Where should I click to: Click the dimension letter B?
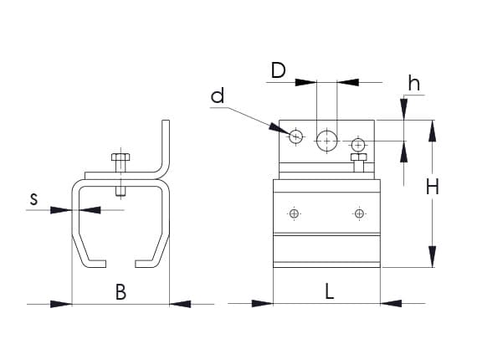121,292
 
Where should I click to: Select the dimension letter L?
330,291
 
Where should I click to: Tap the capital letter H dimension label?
433,187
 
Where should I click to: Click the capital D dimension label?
279,70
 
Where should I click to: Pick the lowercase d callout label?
218,95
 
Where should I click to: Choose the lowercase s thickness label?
34,199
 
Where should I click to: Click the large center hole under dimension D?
327,141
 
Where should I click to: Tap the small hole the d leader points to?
295,136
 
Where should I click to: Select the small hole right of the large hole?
358,144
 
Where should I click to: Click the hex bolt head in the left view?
121,157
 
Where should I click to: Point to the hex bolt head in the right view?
359,157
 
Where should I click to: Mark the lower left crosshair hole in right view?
294,213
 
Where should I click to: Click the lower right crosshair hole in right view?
359,213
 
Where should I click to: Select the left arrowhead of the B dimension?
61,304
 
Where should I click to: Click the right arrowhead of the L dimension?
391,303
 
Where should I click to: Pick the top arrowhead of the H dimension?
433,131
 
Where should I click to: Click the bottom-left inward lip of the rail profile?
97,264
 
